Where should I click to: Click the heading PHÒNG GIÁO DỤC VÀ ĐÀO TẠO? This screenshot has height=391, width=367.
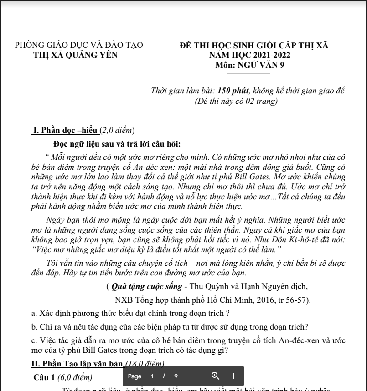[x=79, y=46]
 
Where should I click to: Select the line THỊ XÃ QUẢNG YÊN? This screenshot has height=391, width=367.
[x=76, y=56]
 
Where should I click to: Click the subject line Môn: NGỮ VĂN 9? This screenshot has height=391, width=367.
[x=249, y=65]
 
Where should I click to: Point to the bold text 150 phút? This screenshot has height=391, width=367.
[x=233, y=91]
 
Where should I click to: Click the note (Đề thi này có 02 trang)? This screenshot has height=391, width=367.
[x=236, y=101]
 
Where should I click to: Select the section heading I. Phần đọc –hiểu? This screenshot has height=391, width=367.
[x=66, y=131]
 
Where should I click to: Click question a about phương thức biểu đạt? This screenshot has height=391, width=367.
[x=130, y=313]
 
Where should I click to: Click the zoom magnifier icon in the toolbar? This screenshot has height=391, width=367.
[x=216, y=376]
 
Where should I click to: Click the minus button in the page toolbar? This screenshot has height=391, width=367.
[x=197, y=376]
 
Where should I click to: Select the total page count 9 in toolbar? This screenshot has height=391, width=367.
[x=176, y=376]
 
